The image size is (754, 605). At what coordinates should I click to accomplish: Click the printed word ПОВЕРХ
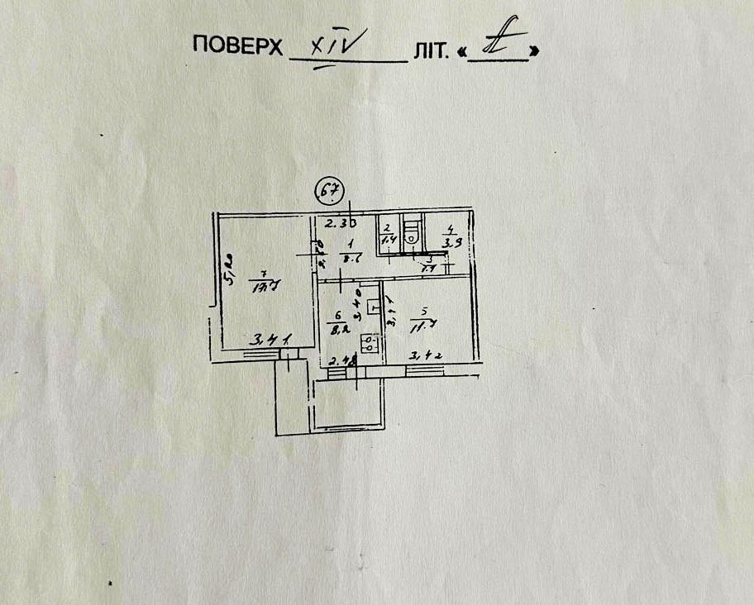tap(237, 45)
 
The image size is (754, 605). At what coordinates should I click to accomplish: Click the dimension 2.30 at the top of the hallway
tap(339, 223)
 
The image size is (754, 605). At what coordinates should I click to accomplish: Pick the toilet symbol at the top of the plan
tap(411, 228)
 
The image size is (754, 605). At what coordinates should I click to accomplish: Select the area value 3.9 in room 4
tap(451, 242)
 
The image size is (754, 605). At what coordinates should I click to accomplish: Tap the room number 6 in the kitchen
tap(337, 315)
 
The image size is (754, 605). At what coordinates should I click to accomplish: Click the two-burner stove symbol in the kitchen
tap(372, 343)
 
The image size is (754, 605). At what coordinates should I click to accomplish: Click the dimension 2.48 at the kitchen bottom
tap(342, 360)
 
